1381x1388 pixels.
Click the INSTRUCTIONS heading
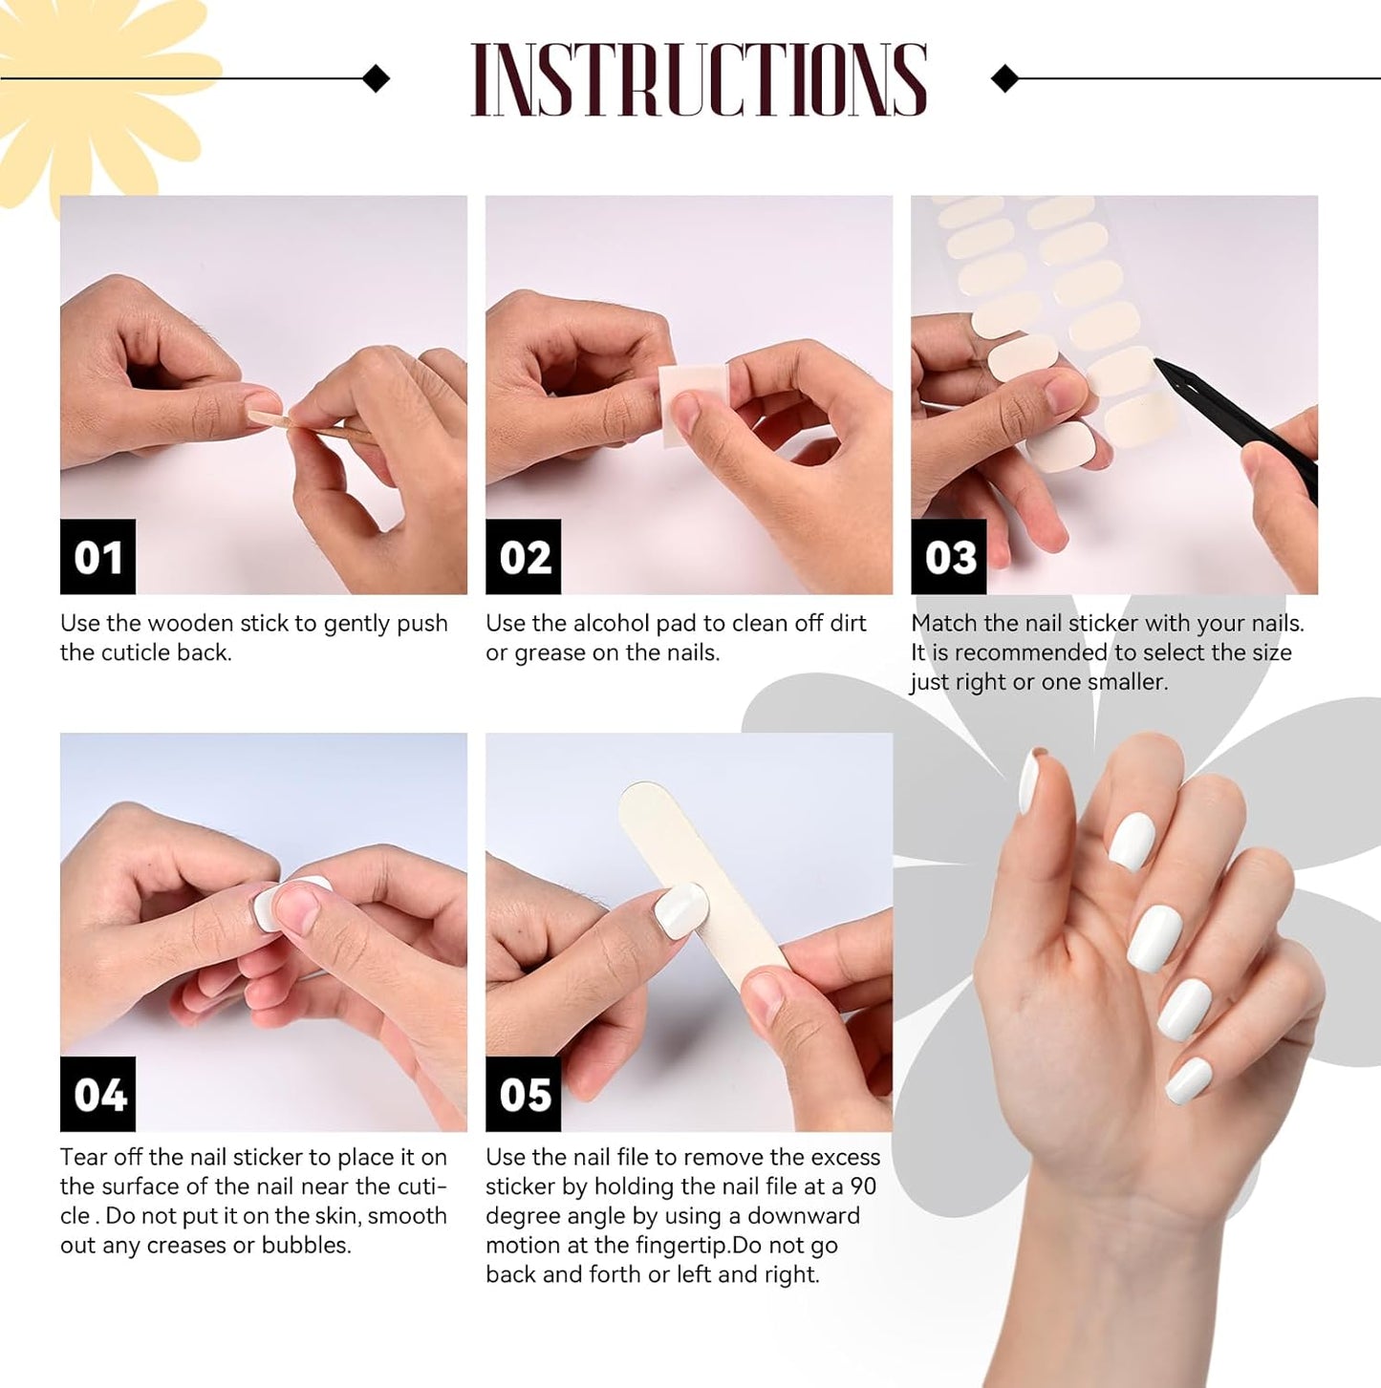tap(699, 80)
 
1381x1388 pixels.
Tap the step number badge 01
tap(97, 557)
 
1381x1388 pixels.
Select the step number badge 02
tap(523, 557)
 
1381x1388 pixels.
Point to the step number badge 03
tap(948, 557)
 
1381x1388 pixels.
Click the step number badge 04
tap(97, 1094)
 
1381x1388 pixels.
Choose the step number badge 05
tap(523, 1094)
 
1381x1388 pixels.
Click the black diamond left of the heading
tap(377, 78)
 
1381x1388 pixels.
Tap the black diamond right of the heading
tap(1004, 78)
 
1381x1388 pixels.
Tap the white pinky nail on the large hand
tap(1189, 1079)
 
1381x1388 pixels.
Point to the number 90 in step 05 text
tap(863, 1186)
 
